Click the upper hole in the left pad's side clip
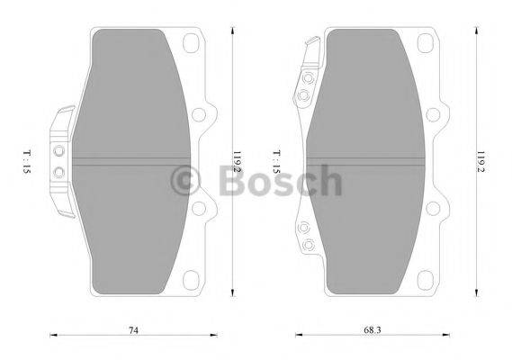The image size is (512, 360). (x=60, y=150)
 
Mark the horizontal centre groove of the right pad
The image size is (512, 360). (x=364, y=161)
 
